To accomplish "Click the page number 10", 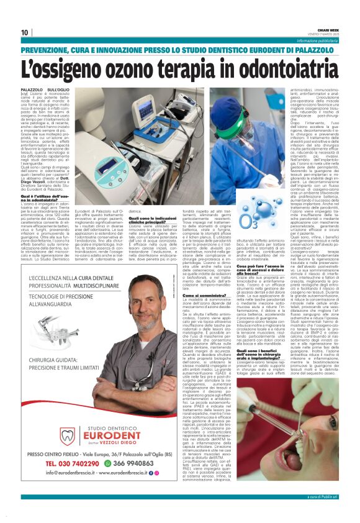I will tap(25, 32).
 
